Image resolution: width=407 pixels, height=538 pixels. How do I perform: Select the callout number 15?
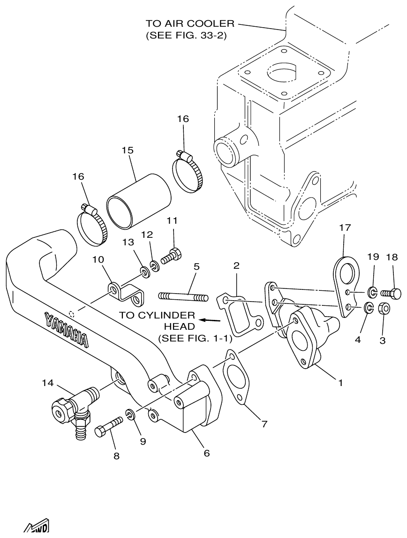tap(128, 151)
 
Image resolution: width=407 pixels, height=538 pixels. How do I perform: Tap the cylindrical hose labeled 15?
tap(139, 202)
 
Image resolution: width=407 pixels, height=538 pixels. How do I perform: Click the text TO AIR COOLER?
tap(190, 23)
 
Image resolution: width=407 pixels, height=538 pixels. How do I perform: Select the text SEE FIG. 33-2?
tap(186, 36)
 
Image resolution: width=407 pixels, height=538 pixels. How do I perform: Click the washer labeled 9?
tap(130, 414)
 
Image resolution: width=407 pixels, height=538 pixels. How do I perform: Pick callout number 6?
tap(206, 453)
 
